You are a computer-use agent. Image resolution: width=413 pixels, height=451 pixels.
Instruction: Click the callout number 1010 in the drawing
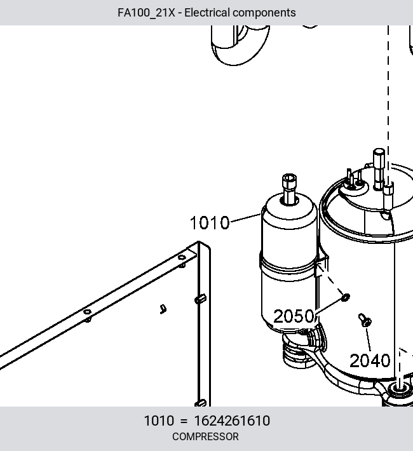(210, 222)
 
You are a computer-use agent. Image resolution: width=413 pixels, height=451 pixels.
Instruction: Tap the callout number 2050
(294, 316)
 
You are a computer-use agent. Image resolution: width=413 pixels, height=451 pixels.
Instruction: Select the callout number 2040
(370, 360)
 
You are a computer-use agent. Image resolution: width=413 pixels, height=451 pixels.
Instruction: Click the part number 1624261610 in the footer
(232, 421)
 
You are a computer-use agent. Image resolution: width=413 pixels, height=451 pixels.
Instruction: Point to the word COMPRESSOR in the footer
(205, 436)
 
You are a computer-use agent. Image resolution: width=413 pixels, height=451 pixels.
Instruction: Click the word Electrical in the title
(207, 13)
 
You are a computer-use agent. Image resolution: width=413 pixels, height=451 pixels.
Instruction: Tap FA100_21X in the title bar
(146, 13)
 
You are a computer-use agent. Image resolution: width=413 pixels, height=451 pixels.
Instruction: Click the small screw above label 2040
(365, 320)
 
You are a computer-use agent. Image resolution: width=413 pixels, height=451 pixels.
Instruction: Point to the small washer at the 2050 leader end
(346, 297)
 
